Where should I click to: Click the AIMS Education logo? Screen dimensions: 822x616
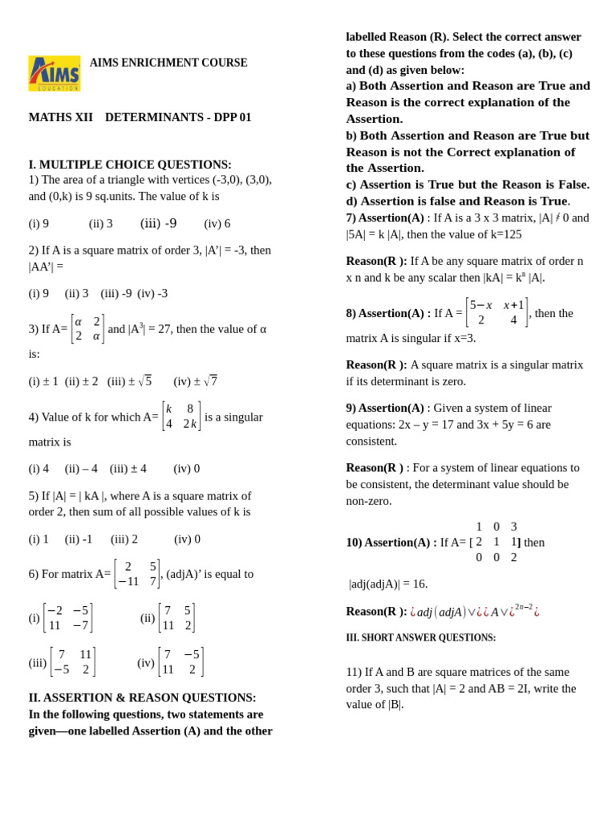[x=55, y=73]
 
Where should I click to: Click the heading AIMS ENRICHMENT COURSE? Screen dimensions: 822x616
[x=168, y=63]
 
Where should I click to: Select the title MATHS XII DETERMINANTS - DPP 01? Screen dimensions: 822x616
[x=140, y=117]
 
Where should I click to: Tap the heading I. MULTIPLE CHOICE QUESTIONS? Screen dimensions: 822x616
[x=130, y=165]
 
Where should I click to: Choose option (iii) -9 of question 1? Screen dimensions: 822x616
[x=158, y=223]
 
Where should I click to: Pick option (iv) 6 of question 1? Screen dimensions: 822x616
[x=217, y=223]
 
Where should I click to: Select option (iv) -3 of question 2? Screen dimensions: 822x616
[x=152, y=293]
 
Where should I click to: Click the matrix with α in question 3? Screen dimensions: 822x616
[x=87, y=329]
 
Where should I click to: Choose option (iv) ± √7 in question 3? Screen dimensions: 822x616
[x=195, y=381]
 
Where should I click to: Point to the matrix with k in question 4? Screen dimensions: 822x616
[x=180, y=417]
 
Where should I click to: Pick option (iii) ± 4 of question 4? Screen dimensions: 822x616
[x=128, y=468]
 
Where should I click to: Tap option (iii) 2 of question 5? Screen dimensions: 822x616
[x=124, y=539]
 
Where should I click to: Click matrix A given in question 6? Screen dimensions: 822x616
[x=137, y=574]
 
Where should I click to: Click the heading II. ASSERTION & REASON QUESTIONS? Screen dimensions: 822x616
[x=142, y=698]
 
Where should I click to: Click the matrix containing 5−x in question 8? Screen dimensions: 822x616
[x=496, y=312]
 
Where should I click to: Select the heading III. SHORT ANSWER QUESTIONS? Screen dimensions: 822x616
[x=420, y=637]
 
